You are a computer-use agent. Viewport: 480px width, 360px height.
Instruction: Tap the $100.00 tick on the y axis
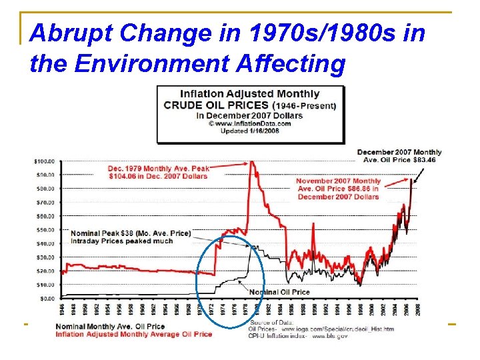[x=45, y=161]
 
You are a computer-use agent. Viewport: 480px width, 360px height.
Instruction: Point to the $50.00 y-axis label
[x=45, y=230]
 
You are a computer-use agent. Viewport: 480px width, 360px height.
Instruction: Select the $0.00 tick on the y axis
[x=47, y=298]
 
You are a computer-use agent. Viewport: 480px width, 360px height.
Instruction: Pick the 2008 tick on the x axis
[x=418, y=309]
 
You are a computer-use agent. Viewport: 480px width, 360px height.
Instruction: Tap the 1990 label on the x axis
[x=315, y=309]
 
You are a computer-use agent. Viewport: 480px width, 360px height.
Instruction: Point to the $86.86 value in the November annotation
[x=365, y=189]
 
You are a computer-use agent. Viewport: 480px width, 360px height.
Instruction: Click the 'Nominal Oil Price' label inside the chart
[x=279, y=292]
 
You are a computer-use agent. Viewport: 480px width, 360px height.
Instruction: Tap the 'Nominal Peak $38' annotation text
[x=130, y=233]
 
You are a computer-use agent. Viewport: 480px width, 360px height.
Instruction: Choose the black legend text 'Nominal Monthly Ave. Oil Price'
[x=110, y=326]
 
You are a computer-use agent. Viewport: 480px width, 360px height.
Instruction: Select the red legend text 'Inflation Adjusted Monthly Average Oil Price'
[x=133, y=333]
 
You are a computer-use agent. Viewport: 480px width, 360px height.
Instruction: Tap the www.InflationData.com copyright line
[x=249, y=123]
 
